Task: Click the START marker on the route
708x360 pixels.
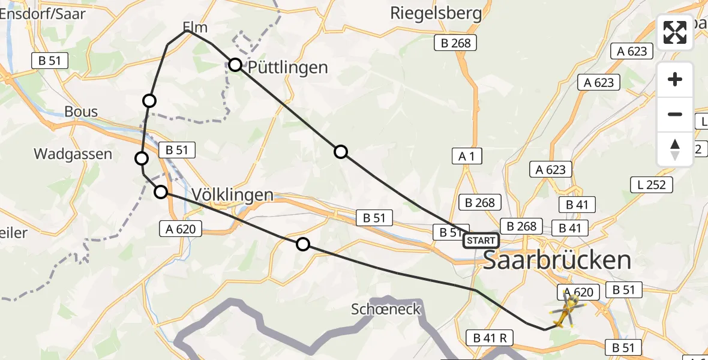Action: click(481, 241)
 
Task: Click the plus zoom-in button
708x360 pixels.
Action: click(675, 80)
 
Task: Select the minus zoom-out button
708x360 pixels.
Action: click(675, 114)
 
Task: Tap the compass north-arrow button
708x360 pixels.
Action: click(675, 149)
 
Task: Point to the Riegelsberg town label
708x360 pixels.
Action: click(436, 13)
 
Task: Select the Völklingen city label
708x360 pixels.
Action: click(233, 195)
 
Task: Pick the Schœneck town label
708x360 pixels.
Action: click(386, 310)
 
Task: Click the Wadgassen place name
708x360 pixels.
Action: click(73, 154)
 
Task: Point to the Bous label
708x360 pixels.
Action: click(81, 112)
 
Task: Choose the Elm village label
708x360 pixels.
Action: click(195, 28)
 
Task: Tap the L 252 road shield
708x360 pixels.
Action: click(652, 185)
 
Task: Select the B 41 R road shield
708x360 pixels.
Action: click(489, 338)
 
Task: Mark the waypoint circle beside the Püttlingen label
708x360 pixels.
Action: click(235, 65)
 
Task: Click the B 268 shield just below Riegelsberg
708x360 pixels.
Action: click(456, 43)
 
